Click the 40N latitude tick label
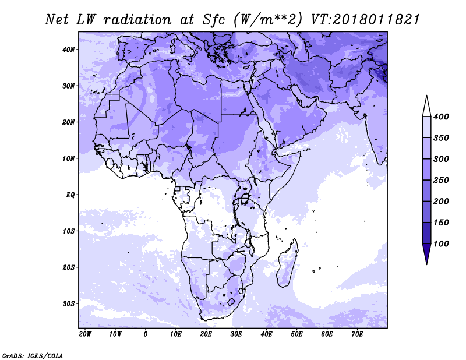point(69,50)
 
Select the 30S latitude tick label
point(69,304)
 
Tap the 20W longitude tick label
point(85,334)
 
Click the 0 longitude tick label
point(145,334)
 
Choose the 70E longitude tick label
point(357,334)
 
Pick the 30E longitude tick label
point(236,334)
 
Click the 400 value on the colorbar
point(441,117)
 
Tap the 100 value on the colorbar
point(441,243)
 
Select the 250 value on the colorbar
point(441,180)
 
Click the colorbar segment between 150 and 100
point(427,233)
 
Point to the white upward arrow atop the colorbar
point(427,107)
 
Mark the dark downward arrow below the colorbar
point(427,253)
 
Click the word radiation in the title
point(137,20)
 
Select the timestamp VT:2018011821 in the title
point(365,20)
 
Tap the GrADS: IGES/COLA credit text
point(33,356)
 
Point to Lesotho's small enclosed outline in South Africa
point(231,302)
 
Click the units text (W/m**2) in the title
point(268,20)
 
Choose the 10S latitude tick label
point(69,231)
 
